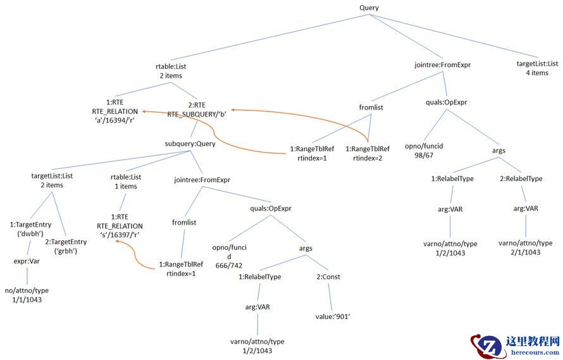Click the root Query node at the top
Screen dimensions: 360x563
[x=369, y=8]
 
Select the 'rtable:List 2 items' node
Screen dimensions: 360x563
[x=171, y=70]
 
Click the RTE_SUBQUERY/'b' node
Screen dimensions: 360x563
[x=197, y=109]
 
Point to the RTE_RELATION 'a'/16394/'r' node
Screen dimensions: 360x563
[x=114, y=113]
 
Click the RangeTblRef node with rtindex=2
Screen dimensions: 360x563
[x=368, y=154]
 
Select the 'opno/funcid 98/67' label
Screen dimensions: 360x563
[x=424, y=151]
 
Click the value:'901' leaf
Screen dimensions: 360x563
[x=333, y=316]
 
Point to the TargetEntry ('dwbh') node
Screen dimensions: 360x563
[x=30, y=228]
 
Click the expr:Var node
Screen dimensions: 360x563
[x=27, y=260]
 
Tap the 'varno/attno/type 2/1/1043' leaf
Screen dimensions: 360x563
[x=525, y=247]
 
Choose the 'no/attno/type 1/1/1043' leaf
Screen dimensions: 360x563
[x=26, y=295]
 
